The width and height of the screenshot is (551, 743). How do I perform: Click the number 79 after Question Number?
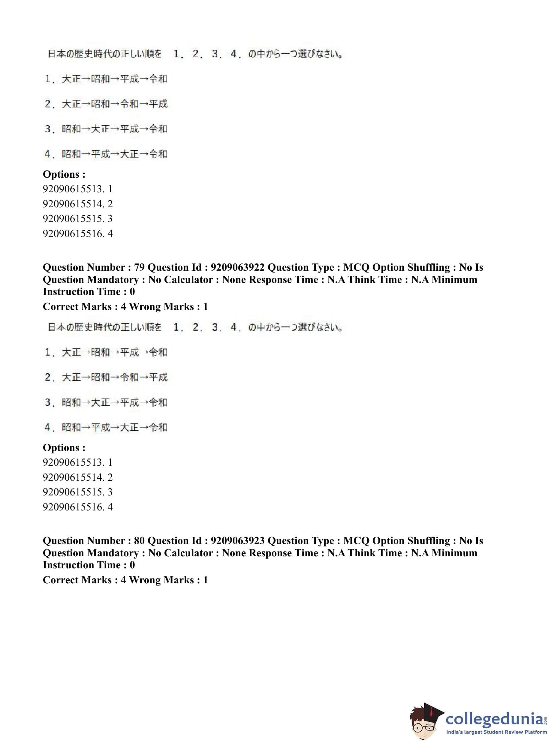[x=140, y=267]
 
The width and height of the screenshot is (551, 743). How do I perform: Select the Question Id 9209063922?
[x=237, y=267]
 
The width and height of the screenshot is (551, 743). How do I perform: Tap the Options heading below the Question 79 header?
[x=64, y=447]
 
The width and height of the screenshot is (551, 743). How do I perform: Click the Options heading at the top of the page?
[x=64, y=174]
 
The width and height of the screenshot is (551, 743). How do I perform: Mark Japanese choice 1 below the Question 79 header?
[x=106, y=353]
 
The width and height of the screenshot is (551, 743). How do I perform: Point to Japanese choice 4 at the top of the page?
[x=106, y=154]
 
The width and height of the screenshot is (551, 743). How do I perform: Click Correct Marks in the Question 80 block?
[x=77, y=580]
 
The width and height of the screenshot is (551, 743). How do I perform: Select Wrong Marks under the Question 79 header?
[x=161, y=306]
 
